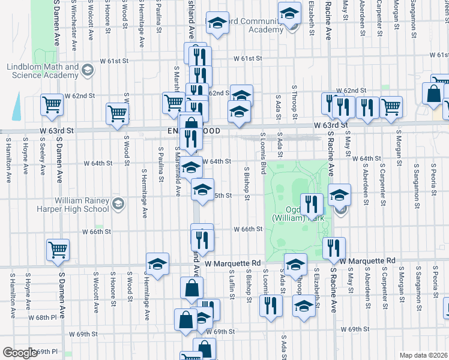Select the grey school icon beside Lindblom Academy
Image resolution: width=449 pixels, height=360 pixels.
click(x=88, y=71)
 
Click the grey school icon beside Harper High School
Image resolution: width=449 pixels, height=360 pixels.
click(x=118, y=204)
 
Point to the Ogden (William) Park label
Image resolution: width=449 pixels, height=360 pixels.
click(x=299, y=214)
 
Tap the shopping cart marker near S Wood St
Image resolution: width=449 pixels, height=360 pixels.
click(x=117, y=113)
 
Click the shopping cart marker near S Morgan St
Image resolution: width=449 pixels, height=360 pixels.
click(x=391, y=107)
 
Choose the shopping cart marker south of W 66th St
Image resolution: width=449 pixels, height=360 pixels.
click(x=58, y=250)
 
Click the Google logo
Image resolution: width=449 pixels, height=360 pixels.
click(x=20, y=353)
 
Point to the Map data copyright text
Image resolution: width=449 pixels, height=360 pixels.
click(x=423, y=355)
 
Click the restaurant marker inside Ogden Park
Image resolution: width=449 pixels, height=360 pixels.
click(x=311, y=204)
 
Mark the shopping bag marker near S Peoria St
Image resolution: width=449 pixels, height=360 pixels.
click(x=433, y=94)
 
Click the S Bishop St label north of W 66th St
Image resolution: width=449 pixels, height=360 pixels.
click(x=247, y=180)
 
